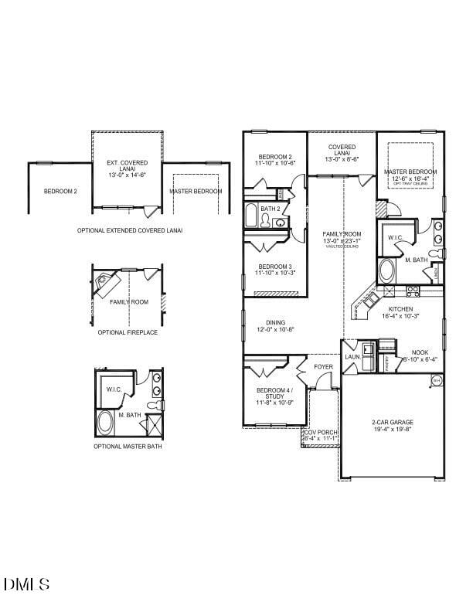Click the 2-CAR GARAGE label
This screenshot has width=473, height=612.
(x=393, y=422)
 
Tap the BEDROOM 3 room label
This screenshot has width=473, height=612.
(x=275, y=266)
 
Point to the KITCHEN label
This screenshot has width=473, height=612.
(x=400, y=308)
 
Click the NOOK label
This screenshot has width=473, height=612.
(x=420, y=352)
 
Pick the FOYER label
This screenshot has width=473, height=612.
(x=323, y=366)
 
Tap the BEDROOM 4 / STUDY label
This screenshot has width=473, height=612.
(x=274, y=393)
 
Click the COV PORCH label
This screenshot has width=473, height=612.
(x=320, y=432)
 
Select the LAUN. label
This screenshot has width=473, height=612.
(x=352, y=357)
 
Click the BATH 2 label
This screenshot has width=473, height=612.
(x=270, y=209)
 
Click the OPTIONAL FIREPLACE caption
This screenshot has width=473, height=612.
(x=128, y=332)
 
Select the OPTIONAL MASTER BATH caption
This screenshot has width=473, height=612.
(x=128, y=446)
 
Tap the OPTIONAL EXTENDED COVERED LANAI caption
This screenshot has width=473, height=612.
(x=130, y=230)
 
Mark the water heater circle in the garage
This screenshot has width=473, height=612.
(x=436, y=380)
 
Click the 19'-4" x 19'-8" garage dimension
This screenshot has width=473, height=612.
(x=393, y=430)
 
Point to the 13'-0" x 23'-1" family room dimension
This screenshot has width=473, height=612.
(x=342, y=240)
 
